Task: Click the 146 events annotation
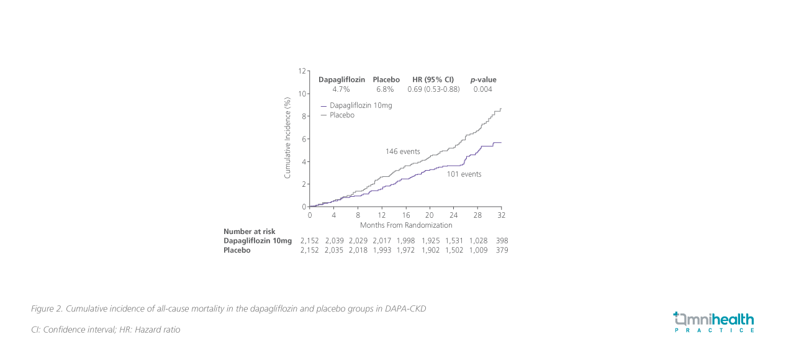click(x=403, y=151)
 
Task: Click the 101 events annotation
click(x=464, y=174)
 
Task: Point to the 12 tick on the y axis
click(x=302, y=71)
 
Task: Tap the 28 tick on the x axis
click(x=477, y=215)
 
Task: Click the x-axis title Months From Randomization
click(x=406, y=225)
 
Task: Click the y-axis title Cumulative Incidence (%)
click(x=287, y=138)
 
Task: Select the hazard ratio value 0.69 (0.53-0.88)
click(x=433, y=89)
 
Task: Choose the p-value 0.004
click(x=483, y=89)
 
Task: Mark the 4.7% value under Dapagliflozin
click(x=341, y=89)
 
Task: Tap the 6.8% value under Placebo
click(x=386, y=89)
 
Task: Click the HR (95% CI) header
click(x=433, y=79)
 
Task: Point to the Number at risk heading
click(x=249, y=232)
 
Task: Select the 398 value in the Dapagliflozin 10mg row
click(x=502, y=241)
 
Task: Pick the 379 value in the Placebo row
click(x=502, y=250)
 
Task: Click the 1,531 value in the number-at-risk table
click(x=454, y=241)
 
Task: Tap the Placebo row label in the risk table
click(x=237, y=250)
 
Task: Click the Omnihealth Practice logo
click(x=714, y=322)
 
